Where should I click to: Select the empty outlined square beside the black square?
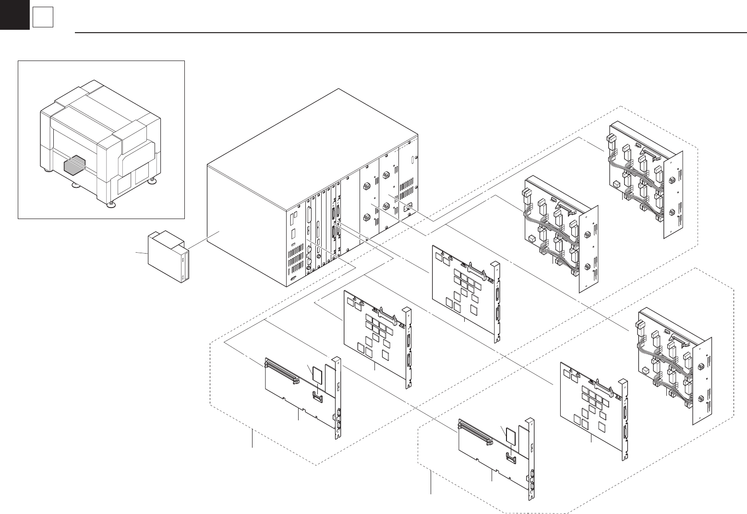pos(43,18)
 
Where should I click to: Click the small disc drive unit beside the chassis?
pos(167,257)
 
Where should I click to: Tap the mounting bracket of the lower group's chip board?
pos(625,420)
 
